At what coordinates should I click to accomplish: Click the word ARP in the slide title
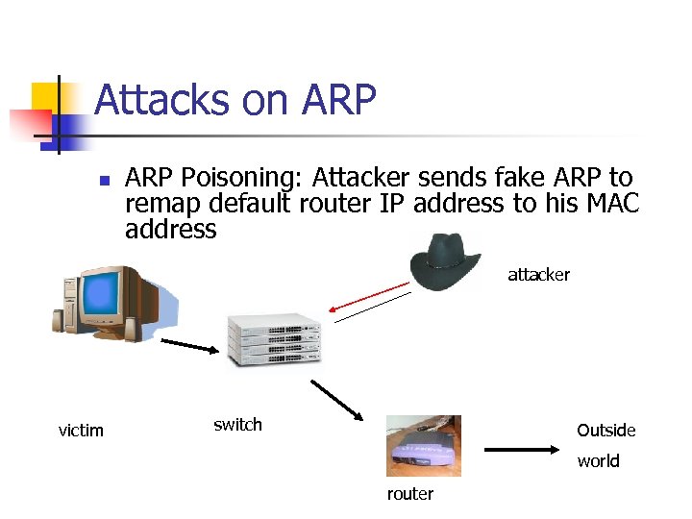(x=338, y=100)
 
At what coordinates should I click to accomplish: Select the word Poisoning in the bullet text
(x=242, y=178)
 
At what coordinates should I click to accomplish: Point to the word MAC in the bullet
(x=609, y=204)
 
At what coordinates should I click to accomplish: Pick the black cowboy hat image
(x=446, y=259)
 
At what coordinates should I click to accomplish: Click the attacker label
(x=538, y=275)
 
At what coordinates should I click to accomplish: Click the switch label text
(x=237, y=425)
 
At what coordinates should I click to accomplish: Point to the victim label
(x=81, y=430)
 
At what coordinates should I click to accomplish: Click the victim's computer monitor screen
(x=111, y=301)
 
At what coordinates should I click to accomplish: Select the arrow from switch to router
(x=335, y=400)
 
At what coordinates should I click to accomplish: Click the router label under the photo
(x=410, y=494)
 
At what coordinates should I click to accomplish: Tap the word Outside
(x=605, y=431)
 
